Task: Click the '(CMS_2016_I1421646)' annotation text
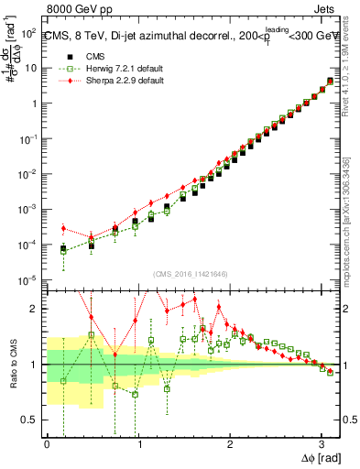191,274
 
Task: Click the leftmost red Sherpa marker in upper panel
63,228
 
